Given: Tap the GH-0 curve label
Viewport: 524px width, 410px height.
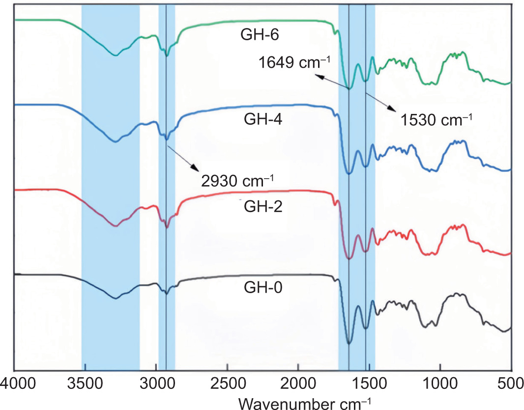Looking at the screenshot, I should pyautogui.click(x=261, y=286).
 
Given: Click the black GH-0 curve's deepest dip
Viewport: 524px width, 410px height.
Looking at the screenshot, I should pyautogui.click(x=349, y=343).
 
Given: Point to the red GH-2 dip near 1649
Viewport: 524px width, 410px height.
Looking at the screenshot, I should pyautogui.click(x=349, y=258).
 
